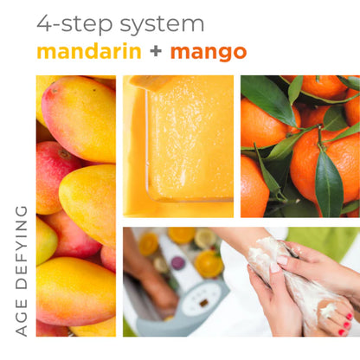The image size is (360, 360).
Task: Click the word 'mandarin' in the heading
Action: (89, 51)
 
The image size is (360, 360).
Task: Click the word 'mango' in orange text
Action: (209, 52)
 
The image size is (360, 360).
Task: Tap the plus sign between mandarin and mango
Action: (155, 51)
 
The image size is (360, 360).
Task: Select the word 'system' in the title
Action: (164, 23)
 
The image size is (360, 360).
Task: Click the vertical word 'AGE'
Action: (22, 316)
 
